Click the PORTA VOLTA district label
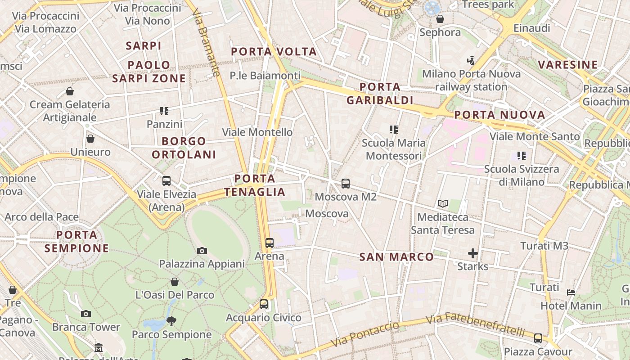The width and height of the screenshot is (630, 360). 274,52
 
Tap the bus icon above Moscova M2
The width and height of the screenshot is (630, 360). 346,184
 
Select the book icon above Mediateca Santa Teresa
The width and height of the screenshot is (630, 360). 443,204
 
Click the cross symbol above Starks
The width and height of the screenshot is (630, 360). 472,253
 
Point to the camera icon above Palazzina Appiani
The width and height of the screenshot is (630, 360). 202,251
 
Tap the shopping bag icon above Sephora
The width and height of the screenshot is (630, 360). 440,19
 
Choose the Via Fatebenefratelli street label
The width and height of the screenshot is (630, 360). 475,324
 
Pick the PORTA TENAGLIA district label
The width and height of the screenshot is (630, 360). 255,185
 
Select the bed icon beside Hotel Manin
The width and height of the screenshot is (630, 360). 571,292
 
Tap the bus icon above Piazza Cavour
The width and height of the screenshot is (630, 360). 538,338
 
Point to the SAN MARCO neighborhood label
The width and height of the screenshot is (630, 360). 396,257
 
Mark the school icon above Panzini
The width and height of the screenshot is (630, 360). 164,111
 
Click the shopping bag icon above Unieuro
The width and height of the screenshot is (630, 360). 90,139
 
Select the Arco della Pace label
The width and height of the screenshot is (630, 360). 42,217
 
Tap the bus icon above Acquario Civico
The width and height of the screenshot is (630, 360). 264,304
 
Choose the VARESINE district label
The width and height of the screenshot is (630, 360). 568,64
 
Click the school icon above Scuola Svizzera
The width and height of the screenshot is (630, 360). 522,156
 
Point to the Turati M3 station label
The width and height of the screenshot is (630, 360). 544,246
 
